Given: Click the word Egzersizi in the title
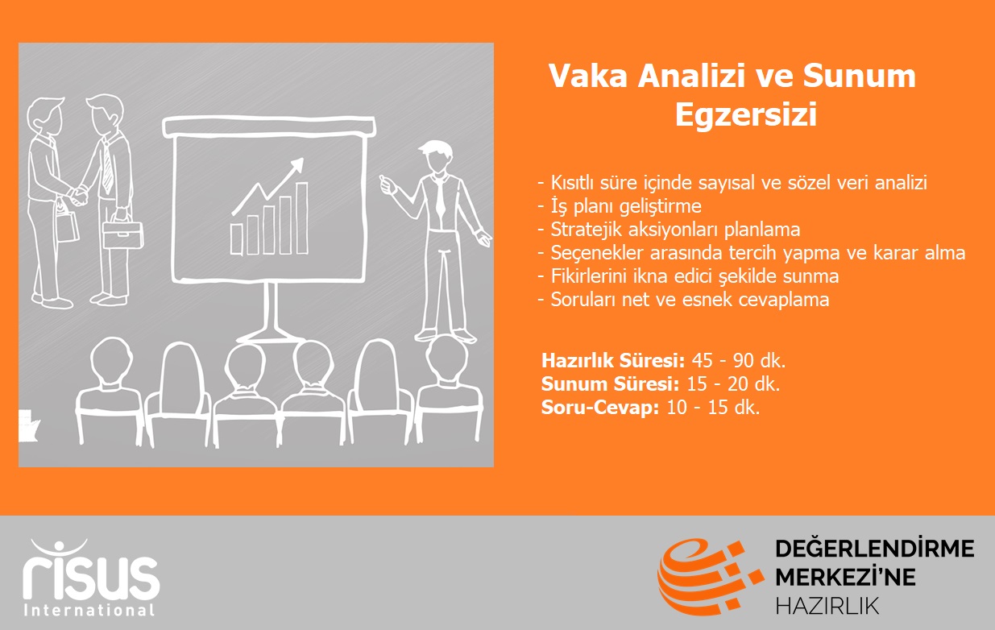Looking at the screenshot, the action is (746, 115).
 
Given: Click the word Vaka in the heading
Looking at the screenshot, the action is (588, 76).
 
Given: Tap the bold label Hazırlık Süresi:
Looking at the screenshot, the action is (613, 361).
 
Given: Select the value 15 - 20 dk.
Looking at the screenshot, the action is (733, 383).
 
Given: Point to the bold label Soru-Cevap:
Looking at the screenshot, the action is (599, 408).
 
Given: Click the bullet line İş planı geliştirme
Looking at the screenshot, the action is (620, 206).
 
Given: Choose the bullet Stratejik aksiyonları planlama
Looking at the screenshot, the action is (669, 230).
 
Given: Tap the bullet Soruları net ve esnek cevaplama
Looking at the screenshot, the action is (683, 300).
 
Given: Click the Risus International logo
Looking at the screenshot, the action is (90, 578).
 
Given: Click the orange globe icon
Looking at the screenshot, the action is (710, 577).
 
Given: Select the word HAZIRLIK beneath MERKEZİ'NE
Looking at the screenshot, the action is (827, 606).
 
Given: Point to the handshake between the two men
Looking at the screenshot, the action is (79, 196).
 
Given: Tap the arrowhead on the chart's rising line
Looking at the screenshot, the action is (296, 165).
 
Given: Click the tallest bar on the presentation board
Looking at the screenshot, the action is (302, 218).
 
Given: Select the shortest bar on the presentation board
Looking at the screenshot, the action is (236, 239).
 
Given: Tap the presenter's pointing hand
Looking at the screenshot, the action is (388, 184).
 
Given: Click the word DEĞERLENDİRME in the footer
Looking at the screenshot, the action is (875, 549).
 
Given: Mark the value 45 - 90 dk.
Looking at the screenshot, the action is (739, 361).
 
